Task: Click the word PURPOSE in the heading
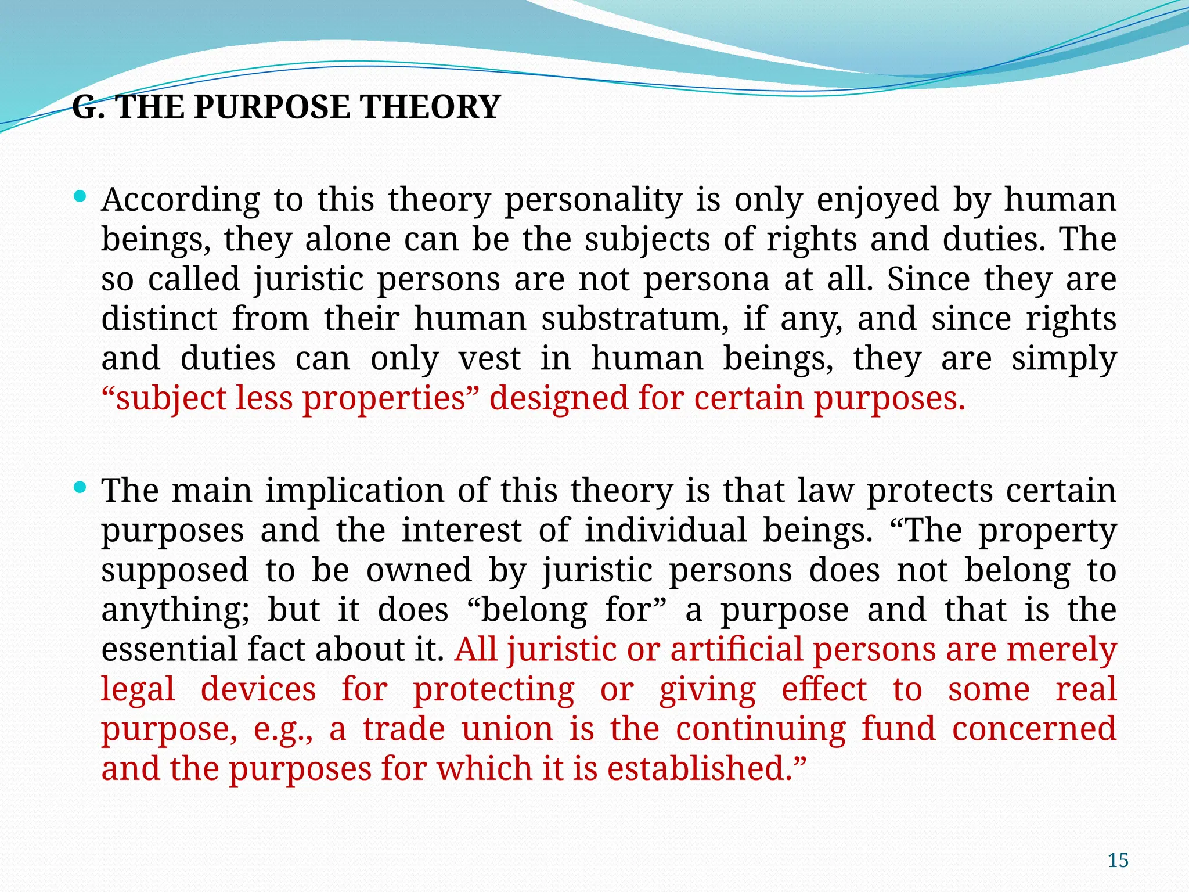[272, 107]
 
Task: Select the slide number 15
[1118, 860]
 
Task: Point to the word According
[180, 200]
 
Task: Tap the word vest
[489, 359]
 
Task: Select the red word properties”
[388, 399]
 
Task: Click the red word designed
[559, 399]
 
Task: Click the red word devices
[258, 690]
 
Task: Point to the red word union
[507, 729]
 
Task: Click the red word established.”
[707, 769]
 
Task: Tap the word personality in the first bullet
[593, 200]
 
